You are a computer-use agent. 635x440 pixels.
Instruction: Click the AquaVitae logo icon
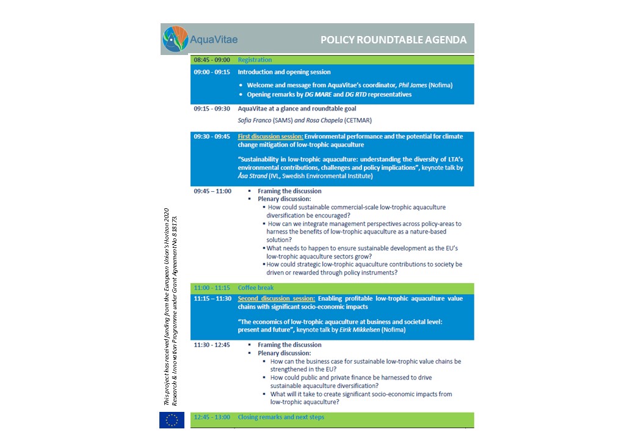[175, 38]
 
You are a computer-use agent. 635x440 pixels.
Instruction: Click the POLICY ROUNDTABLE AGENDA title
[393, 40]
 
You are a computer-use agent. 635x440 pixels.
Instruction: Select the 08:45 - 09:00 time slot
[212, 60]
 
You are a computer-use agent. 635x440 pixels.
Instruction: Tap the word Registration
[255, 60]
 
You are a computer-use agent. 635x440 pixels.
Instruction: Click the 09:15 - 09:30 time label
[212, 109]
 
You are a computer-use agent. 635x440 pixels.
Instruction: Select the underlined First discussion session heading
[270, 136]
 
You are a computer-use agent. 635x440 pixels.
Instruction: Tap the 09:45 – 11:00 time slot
[212, 191]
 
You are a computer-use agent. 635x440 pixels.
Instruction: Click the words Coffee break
[256, 288]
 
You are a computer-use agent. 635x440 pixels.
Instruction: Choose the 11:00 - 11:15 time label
[212, 288]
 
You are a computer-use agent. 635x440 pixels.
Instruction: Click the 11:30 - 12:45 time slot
[212, 345]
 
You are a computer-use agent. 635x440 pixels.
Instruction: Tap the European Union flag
[172, 420]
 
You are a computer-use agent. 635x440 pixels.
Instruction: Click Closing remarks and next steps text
[281, 417]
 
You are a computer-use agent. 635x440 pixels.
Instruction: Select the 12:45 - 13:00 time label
[212, 417]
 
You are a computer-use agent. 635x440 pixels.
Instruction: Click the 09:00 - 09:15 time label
[212, 72]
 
